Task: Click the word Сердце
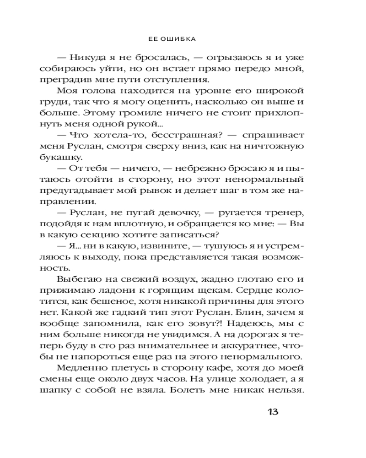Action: click(x=259, y=290)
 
